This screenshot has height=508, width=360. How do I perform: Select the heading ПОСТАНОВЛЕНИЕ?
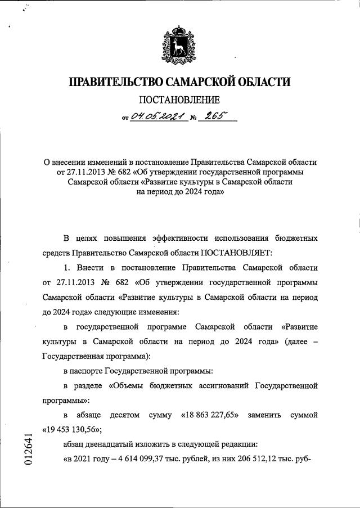coord(179,101)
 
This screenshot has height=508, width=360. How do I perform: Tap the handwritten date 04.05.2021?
coord(155,117)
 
